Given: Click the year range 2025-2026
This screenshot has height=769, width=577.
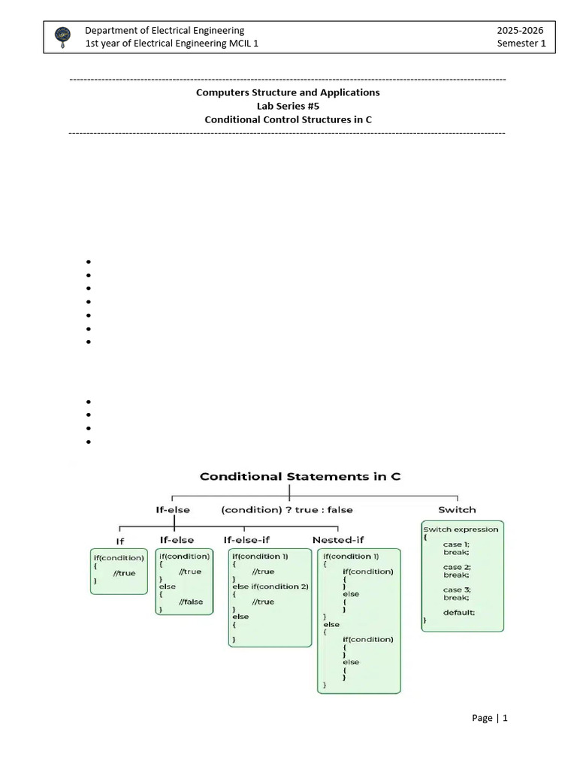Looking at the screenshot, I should pyautogui.click(x=519, y=30).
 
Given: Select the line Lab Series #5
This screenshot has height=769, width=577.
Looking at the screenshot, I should pyautogui.click(x=288, y=106).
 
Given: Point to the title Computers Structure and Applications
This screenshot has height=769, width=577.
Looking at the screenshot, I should pyautogui.click(x=288, y=92).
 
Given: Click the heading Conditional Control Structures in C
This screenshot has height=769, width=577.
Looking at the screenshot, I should pyautogui.click(x=288, y=119).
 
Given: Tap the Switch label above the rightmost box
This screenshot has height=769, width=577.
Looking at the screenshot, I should pyautogui.click(x=457, y=509).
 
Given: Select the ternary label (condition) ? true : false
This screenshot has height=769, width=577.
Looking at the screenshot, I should pyautogui.click(x=287, y=509).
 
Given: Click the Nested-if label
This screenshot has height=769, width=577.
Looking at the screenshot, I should pyautogui.click(x=337, y=539).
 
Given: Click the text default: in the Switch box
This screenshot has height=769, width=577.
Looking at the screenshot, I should pyautogui.click(x=458, y=612).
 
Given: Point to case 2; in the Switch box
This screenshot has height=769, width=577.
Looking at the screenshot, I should pyautogui.click(x=457, y=567).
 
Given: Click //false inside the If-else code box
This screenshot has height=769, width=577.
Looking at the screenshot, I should pyautogui.click(x=190, y=602).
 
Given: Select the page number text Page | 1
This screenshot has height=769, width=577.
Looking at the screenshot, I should pyautogui.click(x=490, y=718).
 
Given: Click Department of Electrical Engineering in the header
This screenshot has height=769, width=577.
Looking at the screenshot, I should pyautogui.click(x=165, y=30).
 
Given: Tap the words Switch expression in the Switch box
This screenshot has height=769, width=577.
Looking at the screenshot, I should pyautogui.click(x=461, y=529).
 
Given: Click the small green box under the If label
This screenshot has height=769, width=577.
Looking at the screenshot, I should pyautogui.click(x=119, y=571).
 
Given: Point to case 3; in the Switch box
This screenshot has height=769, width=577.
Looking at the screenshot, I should pyautogui.click(x=457, y=590).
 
